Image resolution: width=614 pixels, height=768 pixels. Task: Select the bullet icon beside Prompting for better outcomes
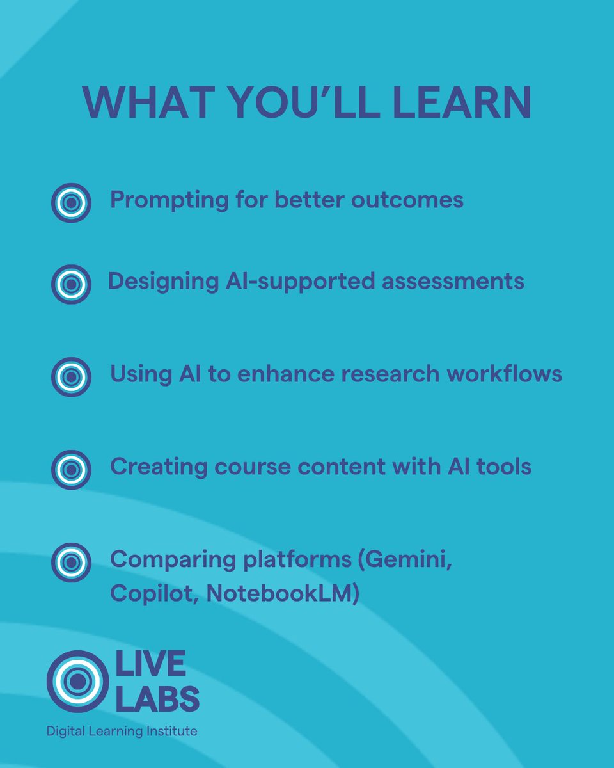coord(71,203)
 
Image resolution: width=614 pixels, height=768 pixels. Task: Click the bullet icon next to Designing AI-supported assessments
coord(71,284)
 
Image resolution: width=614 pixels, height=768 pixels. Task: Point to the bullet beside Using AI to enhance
coord(71,377)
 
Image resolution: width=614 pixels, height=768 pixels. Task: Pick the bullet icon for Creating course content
coord(71,470)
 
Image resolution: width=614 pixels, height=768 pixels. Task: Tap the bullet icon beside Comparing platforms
coord(71,563)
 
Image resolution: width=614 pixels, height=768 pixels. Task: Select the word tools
coord(506,467)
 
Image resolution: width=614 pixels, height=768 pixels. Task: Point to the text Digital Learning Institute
coord(122,731)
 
